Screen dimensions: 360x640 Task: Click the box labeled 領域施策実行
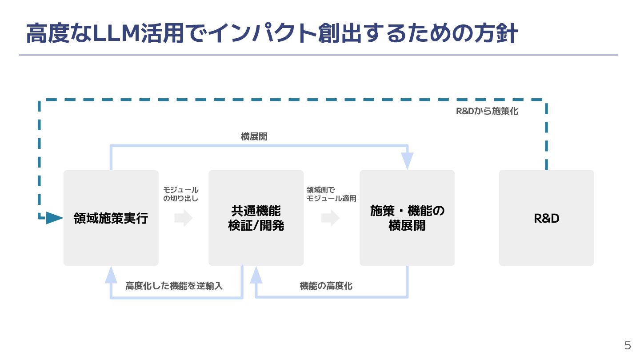(x=111, y=218)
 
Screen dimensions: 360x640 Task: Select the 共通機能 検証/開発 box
(x=256, y=218)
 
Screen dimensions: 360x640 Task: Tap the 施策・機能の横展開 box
(x=407, y=218)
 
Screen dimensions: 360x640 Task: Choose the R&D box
(x=546, y=218)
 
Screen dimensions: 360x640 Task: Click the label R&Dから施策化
(x=487, y=112)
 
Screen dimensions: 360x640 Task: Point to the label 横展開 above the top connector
(x=254, y=137)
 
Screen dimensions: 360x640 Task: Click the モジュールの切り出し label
(x=181, y=194)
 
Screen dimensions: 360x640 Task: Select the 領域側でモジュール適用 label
(x=332, y=194)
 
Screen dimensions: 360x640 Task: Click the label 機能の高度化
(x=326, y=286)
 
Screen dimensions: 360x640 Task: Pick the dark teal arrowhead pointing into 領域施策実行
(x=54, y=218)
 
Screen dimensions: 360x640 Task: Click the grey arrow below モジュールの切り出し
(x=183, y=218)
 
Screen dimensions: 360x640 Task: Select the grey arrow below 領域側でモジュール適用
(x=330, y=218)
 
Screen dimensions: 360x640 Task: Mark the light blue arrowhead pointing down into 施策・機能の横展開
(x=407, y=161)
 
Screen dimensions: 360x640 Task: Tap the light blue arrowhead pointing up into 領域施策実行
(x=111, y=275)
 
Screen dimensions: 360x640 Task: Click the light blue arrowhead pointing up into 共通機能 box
(x=256, y=275)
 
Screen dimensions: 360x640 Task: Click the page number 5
(x=628, y=345)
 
